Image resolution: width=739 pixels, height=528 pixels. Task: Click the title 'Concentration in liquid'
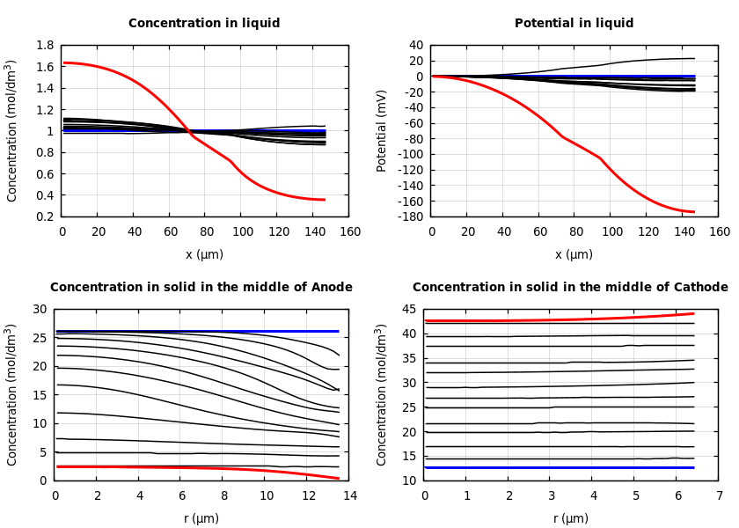(x=204, y=24)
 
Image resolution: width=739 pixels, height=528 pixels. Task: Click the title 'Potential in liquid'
(x=574, y=24)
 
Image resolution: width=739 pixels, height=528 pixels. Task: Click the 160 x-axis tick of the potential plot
(x=719, y=231)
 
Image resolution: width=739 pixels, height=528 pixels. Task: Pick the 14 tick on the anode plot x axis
(x=349, y=495)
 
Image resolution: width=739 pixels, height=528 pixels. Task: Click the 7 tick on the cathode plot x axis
(x=719, y=495)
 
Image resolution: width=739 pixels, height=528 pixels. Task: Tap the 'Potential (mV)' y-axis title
(x=382, y=130)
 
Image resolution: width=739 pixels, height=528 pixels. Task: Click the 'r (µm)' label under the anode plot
(x=201, y=518)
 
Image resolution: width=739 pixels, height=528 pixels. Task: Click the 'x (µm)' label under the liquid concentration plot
(x=204, y=254)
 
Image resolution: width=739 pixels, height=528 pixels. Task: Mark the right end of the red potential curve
(x=694, y=212)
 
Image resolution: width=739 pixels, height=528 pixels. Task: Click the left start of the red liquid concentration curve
(x=63, y=62)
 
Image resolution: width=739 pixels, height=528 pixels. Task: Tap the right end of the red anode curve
(x=339, y=479)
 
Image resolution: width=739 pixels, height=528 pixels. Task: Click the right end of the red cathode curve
(x=693, y=313)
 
